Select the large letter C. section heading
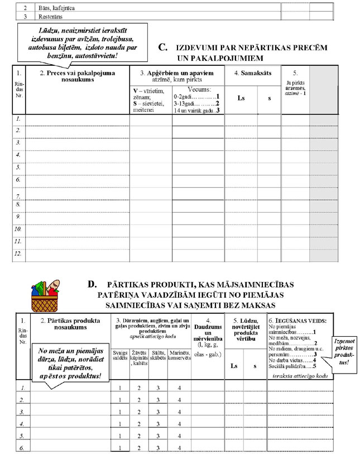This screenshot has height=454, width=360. coord(164,48)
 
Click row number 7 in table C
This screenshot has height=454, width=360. coord(18,196)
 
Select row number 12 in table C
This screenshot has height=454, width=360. coord(18,254)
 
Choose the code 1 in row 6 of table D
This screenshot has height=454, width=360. coord(120,448)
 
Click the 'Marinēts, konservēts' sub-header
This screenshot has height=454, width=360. coord(179,356)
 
